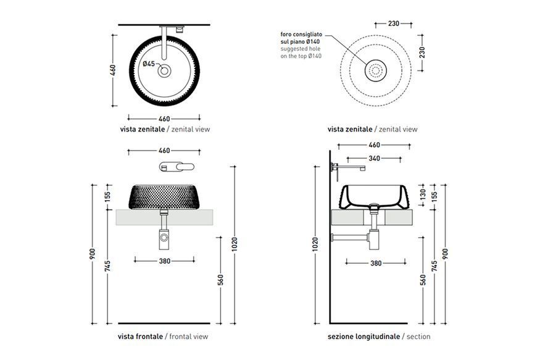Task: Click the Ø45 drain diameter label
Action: tap(149, 64)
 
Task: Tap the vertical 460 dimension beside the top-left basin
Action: tap(113, 70)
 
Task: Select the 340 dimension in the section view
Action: tap(374, 158)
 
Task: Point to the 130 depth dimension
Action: tap(422, 195)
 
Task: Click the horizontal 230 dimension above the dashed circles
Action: tap(394, 23)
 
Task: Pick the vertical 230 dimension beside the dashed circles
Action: tap(422, 52)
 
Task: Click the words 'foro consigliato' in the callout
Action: tap(301, 34)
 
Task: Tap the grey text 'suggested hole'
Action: tap(301, 49)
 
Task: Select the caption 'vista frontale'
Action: tap(140, 337)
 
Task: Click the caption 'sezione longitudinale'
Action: tap(364, 337)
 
